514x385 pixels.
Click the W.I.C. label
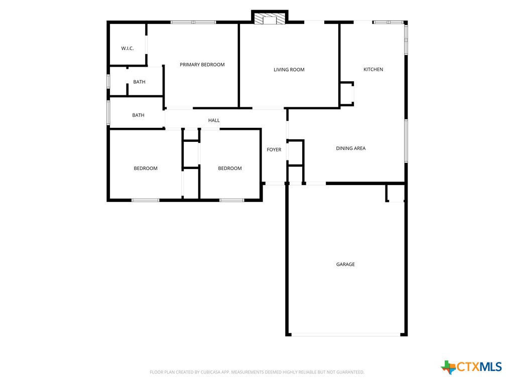pos(127,49)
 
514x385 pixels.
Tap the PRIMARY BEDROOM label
pos(202,65)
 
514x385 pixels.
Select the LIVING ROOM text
pos(289,70)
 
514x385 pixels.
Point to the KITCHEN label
pos(373,69)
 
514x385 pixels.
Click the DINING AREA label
pos(351,148)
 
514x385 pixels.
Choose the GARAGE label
pos(345,264)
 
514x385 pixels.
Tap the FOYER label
pos(274,150)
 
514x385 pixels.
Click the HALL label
pos(214,120)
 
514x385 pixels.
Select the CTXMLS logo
pos(471,367)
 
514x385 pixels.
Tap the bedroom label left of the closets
pos(146,168)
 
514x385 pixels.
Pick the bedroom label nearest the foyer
pos(230,168)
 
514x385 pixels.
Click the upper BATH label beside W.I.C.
pos(140,82)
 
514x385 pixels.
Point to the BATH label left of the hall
pos(138,115)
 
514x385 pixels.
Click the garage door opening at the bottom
pos(346,334)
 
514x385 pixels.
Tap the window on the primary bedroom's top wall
pos(193,22)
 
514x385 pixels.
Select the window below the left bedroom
pos(146,201)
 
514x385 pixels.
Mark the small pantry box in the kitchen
pos(347,94)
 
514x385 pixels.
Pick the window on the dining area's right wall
pos(406,140)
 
